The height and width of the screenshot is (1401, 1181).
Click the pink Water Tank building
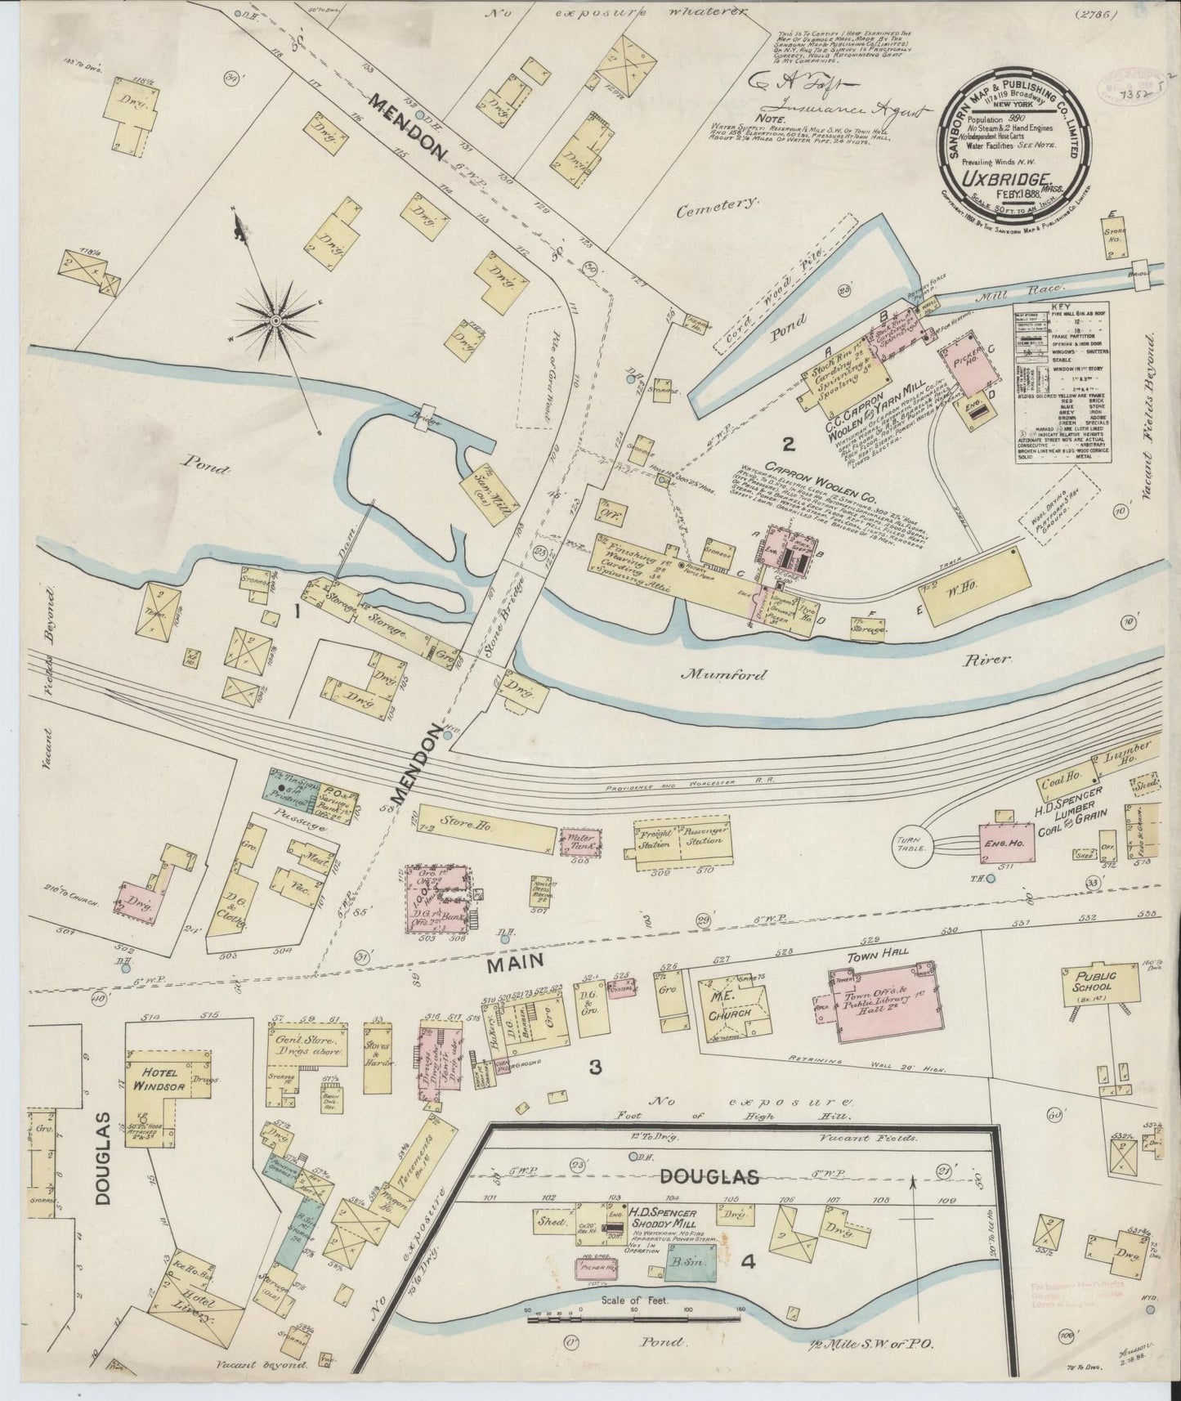(x=581, y=842)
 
